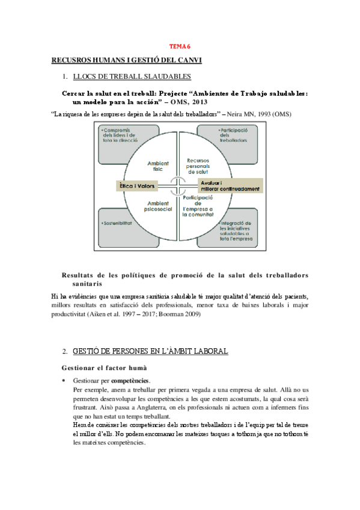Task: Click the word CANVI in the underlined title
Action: click(188, 60)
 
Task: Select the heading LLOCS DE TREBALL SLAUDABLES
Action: click(132, 76)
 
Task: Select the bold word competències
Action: click(130, 381)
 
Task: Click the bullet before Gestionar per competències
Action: click(64, 381)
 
